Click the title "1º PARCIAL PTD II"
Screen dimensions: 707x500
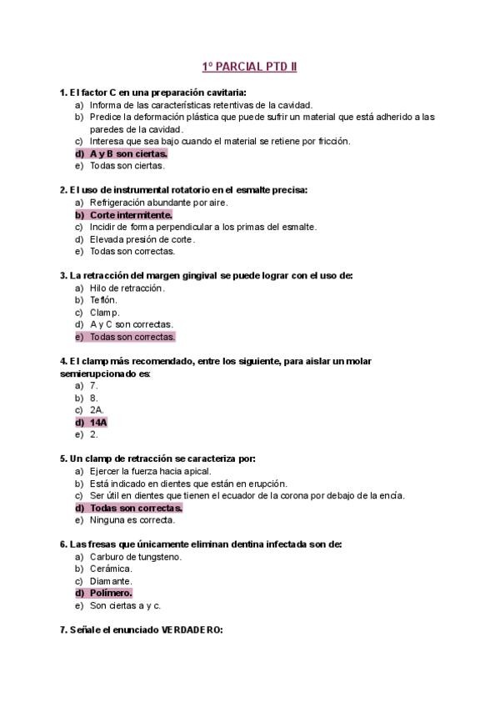[250, 66]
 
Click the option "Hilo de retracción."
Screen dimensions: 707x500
[127, 288]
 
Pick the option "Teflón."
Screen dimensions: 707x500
[104, 299]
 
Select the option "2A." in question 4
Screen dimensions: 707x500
[97, 410]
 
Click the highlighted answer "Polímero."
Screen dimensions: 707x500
[111, 593]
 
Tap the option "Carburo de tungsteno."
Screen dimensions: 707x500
[136, 556]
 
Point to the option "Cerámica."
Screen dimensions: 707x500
[112, 569]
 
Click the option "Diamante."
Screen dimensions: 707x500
[112, 581]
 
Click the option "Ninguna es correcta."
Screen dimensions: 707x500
[132, 520]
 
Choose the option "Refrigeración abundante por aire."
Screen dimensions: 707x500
[158, 202]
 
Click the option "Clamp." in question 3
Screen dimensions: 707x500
[105, 312]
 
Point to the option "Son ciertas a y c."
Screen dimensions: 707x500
[125, 605]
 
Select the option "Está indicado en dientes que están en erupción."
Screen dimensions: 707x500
[188, 484]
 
